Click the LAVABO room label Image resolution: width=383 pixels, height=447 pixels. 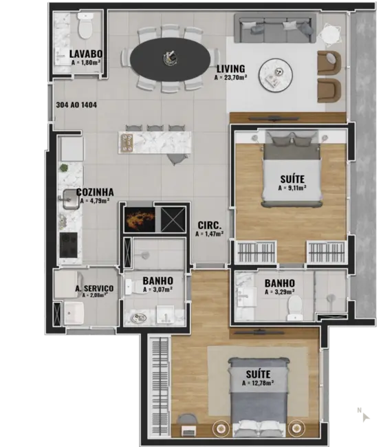(86, 54)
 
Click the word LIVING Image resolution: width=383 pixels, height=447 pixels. (230, 69)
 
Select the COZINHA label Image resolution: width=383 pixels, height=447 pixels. (96, 193)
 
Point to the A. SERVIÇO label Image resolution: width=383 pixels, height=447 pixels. (94, 288)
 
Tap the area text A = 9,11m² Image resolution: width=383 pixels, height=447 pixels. (292, 187)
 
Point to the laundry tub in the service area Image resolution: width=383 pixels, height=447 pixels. (75, 314)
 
